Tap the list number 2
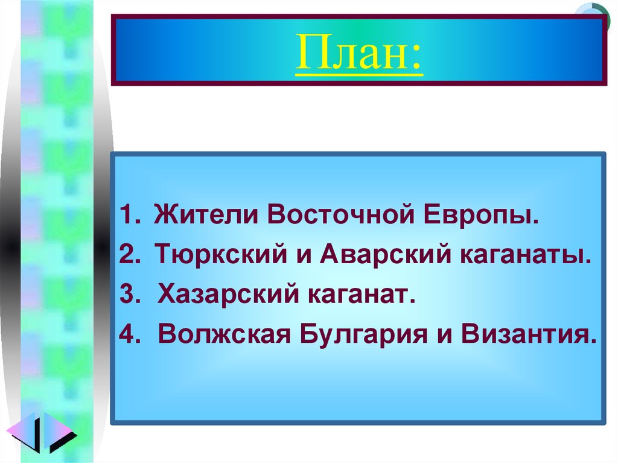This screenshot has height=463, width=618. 128,255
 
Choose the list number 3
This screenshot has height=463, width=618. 128,295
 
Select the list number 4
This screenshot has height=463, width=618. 128,334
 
